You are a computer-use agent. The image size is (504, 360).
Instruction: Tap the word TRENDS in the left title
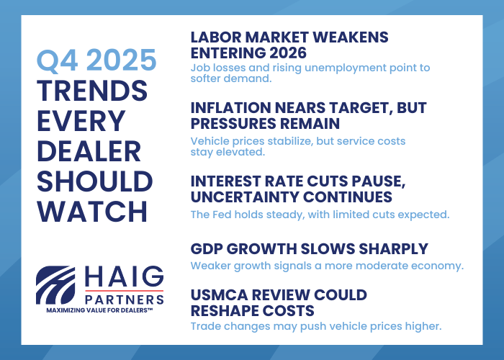[93, 91]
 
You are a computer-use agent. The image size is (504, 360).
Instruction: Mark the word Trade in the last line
[207, 326]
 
